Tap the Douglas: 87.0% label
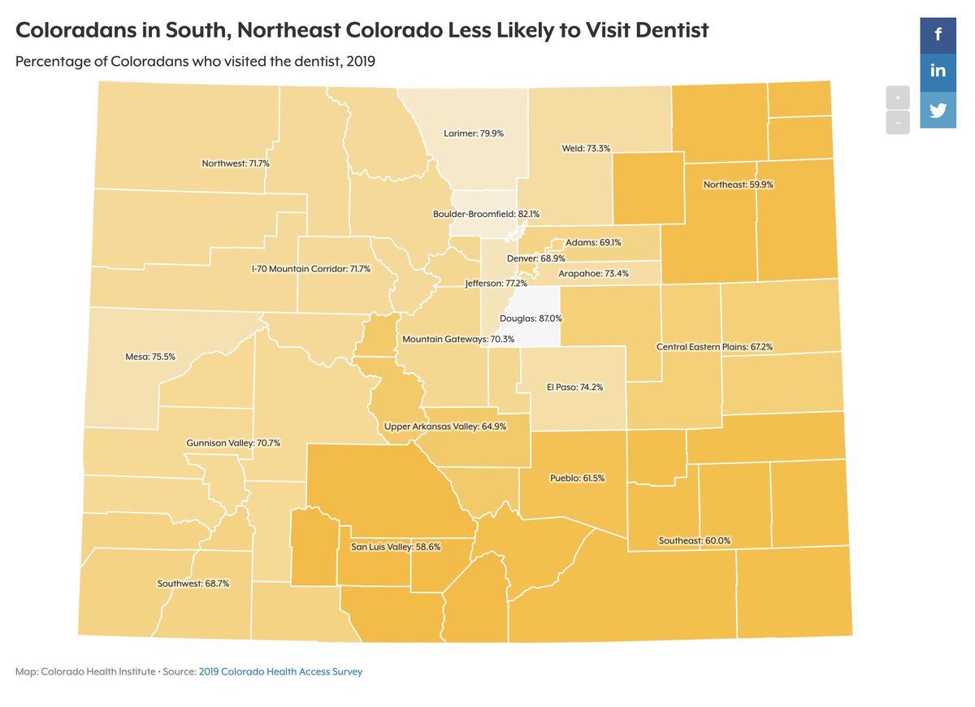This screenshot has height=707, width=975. coord(531,319)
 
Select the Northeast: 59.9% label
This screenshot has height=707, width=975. coord(739,184)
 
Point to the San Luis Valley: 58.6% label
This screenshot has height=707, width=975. coord(396,547)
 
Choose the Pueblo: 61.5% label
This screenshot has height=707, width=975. coord(577,478)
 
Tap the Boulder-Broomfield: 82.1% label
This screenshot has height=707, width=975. coord(486,214)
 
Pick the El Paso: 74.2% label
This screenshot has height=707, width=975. coord(574,388)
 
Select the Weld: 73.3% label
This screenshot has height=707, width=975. coord(586,149)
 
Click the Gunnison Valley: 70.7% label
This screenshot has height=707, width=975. coord(233,444)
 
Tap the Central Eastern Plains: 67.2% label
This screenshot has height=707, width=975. coord(714,347)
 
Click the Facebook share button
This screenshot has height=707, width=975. coord(938,34)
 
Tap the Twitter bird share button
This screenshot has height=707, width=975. coord(938,110)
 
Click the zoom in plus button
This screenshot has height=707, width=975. coord(897,97)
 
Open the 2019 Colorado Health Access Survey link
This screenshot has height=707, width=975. coord(280,672)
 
